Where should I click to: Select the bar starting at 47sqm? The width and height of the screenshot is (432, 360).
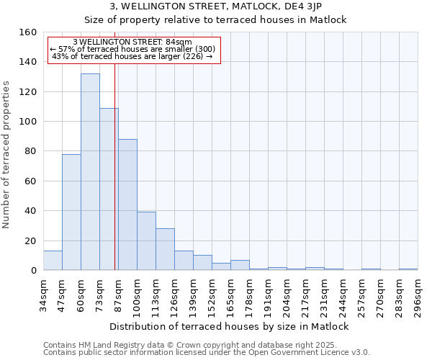[71, 212]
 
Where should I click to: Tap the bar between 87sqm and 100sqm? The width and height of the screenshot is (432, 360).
[127, 204]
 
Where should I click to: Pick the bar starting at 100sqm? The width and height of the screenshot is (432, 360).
[146, 240]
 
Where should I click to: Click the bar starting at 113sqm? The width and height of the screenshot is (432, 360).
[165, 249]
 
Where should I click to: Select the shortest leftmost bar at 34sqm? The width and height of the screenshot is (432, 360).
[53, 260]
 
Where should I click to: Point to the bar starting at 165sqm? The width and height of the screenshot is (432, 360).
[240, 265]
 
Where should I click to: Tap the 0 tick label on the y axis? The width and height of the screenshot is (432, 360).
[33, 270]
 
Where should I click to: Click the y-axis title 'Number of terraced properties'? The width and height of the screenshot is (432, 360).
[7, 154]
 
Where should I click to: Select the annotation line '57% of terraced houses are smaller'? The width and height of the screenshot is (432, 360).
[133, 49]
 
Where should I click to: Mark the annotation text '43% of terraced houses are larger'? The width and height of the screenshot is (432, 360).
[133, 56]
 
